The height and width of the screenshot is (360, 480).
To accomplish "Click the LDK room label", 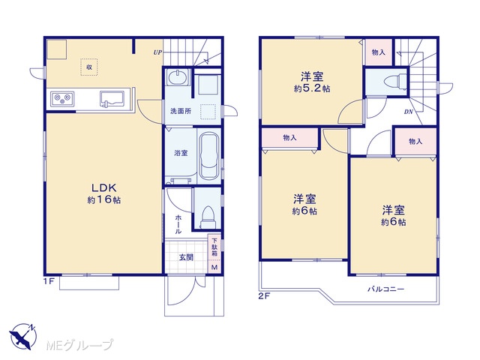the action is [104, 187].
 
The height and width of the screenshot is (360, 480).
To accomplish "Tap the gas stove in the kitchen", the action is [62, 99].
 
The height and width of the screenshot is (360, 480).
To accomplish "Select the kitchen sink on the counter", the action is [112, 99].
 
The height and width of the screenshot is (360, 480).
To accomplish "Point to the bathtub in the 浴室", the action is [209, 156].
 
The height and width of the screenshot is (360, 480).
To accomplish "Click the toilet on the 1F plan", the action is [208, 217].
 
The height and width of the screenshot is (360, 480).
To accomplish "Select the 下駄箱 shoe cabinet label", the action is [214, 247].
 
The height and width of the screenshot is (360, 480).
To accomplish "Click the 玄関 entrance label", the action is [186, 257].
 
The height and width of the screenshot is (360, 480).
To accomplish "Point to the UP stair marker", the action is [157, 52].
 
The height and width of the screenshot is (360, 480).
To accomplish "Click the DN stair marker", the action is [408, 112].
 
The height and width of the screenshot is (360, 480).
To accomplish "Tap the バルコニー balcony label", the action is [386, 289].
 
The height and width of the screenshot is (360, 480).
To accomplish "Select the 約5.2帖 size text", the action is [312, 88].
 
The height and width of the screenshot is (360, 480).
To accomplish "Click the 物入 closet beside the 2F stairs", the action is [378, 52].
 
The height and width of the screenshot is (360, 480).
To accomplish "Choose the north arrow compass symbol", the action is [23, 336].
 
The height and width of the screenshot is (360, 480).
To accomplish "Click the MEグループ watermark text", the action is [79, 345].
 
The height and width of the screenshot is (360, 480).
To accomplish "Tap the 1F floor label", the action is [49, 282].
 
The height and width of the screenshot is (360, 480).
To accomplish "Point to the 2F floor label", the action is [265, 296].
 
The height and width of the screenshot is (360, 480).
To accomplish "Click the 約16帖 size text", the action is [104, 200].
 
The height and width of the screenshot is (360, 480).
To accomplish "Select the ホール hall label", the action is [178, 224].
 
